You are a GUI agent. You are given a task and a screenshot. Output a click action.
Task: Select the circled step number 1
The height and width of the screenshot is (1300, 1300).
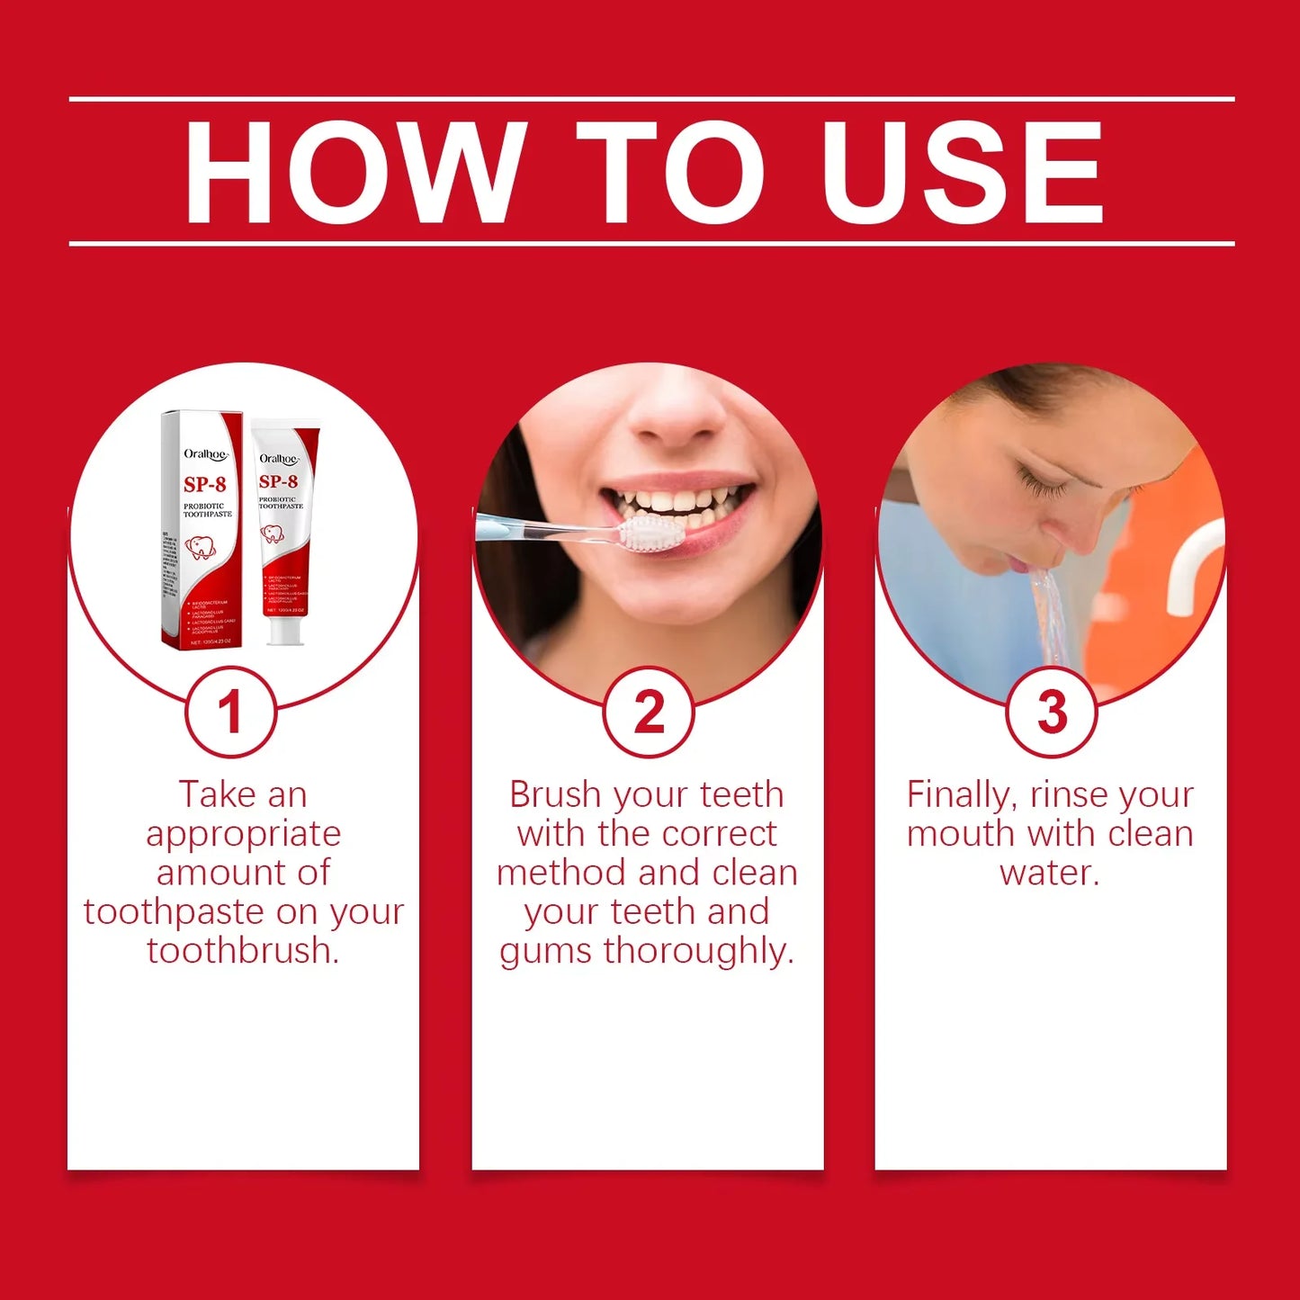(x=230, y=713)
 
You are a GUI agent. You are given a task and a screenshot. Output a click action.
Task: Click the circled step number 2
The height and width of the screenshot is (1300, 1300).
(x=648, y=713)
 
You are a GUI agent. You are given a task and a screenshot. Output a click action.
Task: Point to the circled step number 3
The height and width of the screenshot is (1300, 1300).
(x=1051, y=713)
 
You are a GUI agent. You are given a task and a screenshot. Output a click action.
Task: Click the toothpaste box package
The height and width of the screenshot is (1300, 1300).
(x=202, y=531)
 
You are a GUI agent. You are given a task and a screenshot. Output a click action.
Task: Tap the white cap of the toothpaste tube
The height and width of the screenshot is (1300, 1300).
(x=284, y=630)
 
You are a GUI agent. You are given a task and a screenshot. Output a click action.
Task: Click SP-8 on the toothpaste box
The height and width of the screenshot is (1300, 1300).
(x=205, y=485)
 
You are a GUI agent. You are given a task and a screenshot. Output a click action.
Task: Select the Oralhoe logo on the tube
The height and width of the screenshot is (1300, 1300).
(x=279, y=459)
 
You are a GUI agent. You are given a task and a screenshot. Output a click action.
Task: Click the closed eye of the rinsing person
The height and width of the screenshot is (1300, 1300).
(x=1044, y=486)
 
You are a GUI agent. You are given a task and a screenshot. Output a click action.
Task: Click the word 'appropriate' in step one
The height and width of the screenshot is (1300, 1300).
(x=244, y=834)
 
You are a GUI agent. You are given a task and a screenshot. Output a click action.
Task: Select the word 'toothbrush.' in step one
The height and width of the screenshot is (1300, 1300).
(x=244, y=951)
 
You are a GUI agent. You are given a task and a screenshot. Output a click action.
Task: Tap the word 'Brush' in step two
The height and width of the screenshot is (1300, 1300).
(x=555, y=794)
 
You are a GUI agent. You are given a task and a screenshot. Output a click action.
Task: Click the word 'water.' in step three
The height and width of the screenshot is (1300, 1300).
(x=1050, y=873)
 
